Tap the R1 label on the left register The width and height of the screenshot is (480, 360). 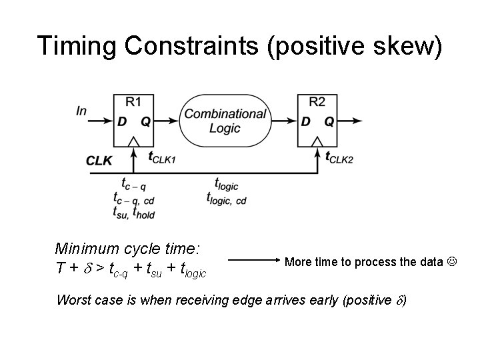[133, 101]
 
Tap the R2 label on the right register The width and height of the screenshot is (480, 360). [317, 101]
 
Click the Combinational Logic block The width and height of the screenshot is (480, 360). [225, 121]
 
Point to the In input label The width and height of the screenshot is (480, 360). [81, 111]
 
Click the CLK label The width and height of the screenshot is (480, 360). [99, 160]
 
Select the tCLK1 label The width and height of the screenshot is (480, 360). [162, 158]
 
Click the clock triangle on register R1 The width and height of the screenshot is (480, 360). [133, 141]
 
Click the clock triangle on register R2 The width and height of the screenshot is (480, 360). [317, 141]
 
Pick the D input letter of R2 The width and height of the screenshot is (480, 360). [305, 121]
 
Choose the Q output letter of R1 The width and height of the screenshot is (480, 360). [145, 121]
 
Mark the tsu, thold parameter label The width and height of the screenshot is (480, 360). [135, 212]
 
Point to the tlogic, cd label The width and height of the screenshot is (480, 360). [227, 198]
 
